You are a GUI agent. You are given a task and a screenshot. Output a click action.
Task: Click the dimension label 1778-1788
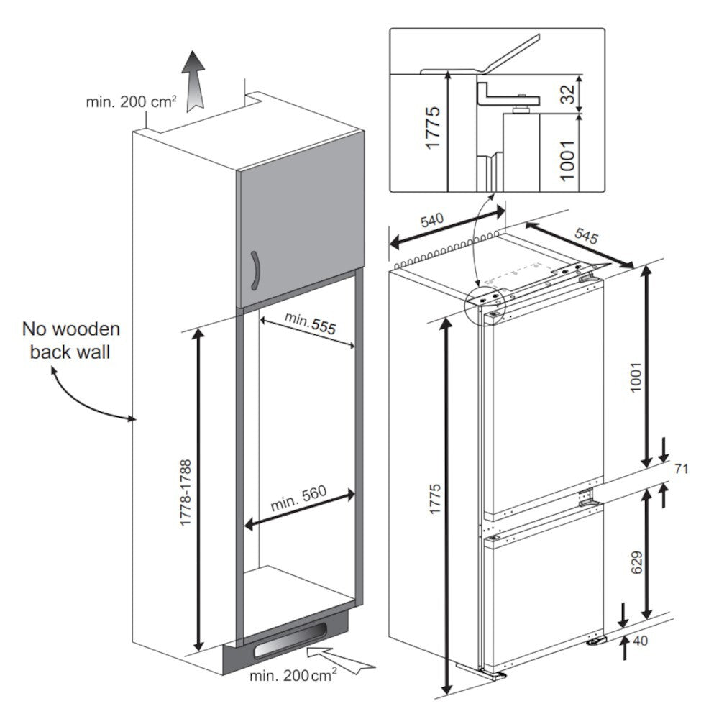[x=186, y=493]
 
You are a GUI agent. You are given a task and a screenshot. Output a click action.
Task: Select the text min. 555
[x=309, y=325]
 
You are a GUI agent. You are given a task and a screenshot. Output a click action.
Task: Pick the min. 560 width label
[x=298, y=498]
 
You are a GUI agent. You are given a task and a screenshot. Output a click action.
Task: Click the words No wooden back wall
[x=71, y=341]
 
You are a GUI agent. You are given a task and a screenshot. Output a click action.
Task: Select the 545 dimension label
[x=586, y=236]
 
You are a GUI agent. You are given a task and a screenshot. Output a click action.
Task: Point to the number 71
[x=682, y=470]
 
